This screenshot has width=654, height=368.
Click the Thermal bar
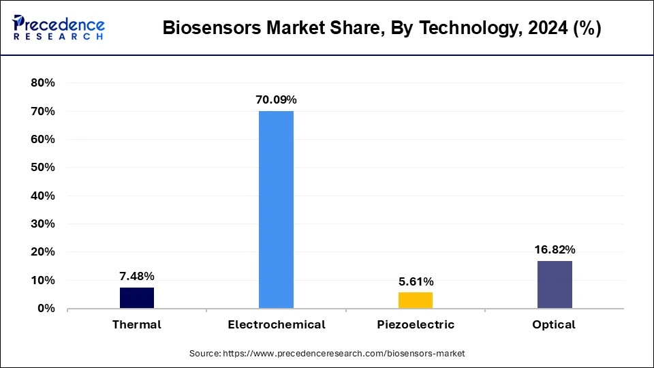pos(137,298)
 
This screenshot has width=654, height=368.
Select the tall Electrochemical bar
pos(276,210)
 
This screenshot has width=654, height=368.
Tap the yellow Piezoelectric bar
pos(415,300)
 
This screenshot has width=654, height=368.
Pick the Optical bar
pos(555,284)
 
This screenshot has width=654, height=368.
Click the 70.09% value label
pos(276,100)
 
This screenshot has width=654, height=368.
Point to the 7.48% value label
pos(137,276)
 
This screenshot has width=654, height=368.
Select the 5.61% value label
pos(415,281)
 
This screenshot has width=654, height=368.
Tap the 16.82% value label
pos(555,249)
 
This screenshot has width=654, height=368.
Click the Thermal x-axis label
pos(137,324)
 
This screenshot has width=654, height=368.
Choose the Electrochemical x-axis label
pos(276,324)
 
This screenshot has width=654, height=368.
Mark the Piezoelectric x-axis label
pos(415,324)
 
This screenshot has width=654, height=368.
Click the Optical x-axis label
pos(554,324)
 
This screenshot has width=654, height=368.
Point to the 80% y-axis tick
pos(42,83)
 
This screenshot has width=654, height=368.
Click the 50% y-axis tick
pos(42,168)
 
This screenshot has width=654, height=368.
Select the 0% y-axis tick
pos(46,309)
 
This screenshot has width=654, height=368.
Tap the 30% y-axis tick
pos(42,224)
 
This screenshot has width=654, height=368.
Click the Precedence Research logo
pos(59,27)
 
